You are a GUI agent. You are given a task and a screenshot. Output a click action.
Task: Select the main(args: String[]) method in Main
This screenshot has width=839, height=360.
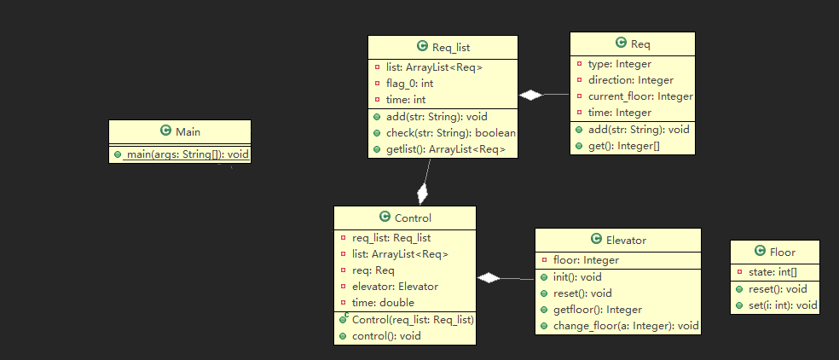click(186, 154)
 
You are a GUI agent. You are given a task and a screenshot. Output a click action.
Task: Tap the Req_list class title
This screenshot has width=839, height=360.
click(451, 48)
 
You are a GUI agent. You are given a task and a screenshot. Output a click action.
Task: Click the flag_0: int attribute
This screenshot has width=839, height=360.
click(410, 83)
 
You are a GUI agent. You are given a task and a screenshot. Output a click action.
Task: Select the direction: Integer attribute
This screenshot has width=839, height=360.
click(631, 80)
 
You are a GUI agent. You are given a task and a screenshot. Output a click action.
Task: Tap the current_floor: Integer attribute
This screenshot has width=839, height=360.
click(640, 96)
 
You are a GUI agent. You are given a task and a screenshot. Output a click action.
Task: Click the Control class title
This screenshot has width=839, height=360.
click(413, 218)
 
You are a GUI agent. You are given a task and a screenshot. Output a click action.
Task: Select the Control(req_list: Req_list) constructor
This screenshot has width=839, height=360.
click(412, 319)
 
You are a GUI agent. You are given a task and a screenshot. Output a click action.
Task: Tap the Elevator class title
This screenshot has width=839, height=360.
click(625, 240)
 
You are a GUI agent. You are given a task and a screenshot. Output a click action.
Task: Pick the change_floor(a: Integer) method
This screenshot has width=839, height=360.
click(626, 325)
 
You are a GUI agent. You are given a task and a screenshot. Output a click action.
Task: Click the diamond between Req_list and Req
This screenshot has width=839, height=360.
click(531, 95)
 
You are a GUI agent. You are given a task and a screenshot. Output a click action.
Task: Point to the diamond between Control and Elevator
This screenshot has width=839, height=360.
click(489, 277)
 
